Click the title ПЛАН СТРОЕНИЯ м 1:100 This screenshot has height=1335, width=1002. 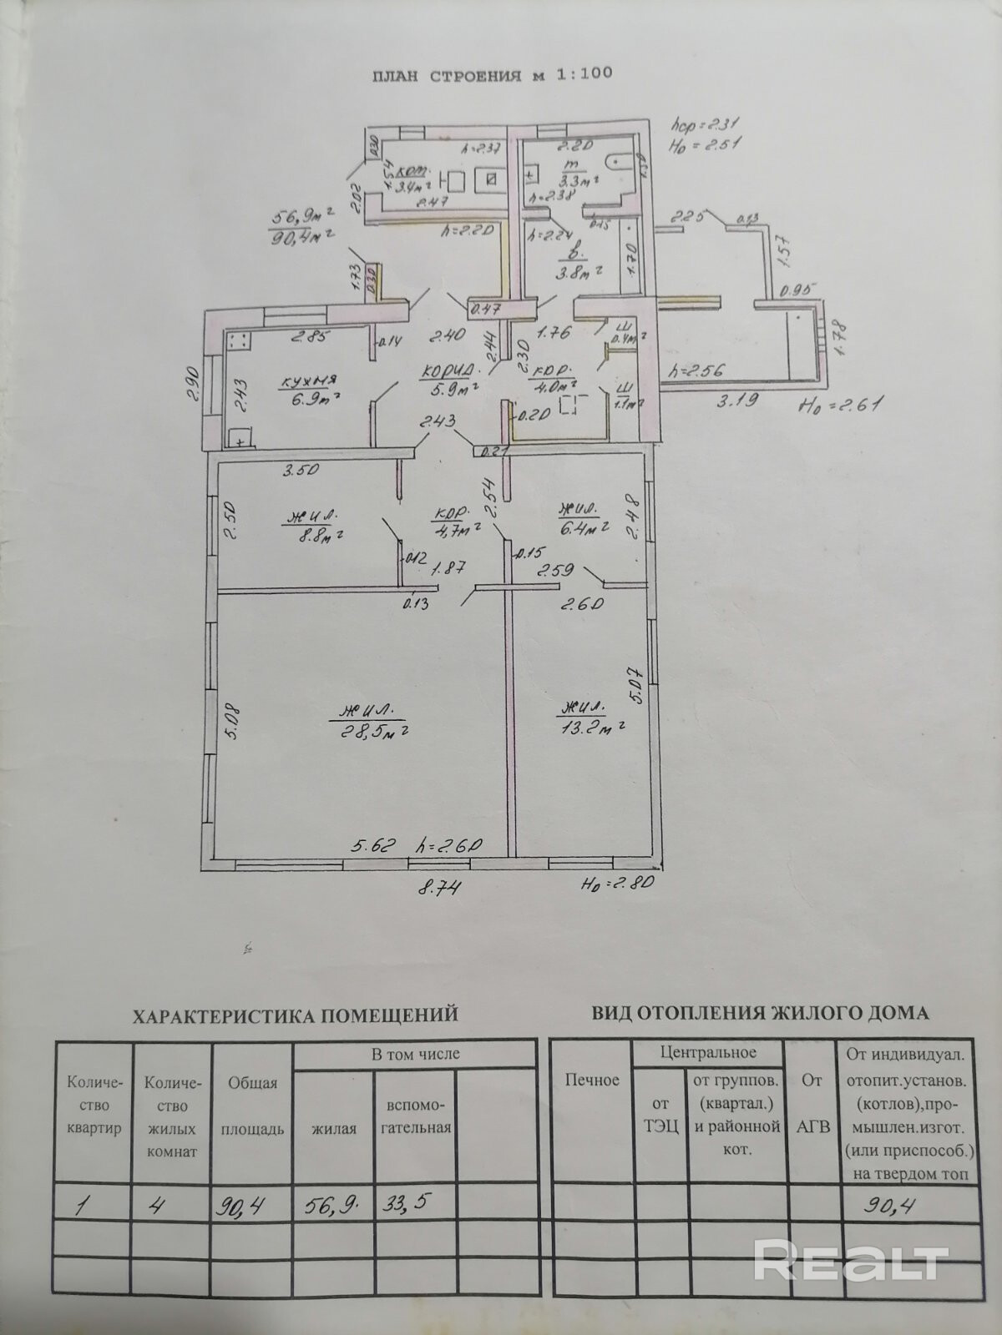click(492, 73)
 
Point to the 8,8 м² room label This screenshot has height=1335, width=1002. click(314, 526)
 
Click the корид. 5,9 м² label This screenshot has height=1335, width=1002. click(452, 380)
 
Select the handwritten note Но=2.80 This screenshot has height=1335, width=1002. click(618, 883)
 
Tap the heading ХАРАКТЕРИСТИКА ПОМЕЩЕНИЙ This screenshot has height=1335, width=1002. click(296, 1015)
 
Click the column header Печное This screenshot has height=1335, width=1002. click(591, 1081)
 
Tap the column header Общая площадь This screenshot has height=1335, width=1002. click(252, 1106)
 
